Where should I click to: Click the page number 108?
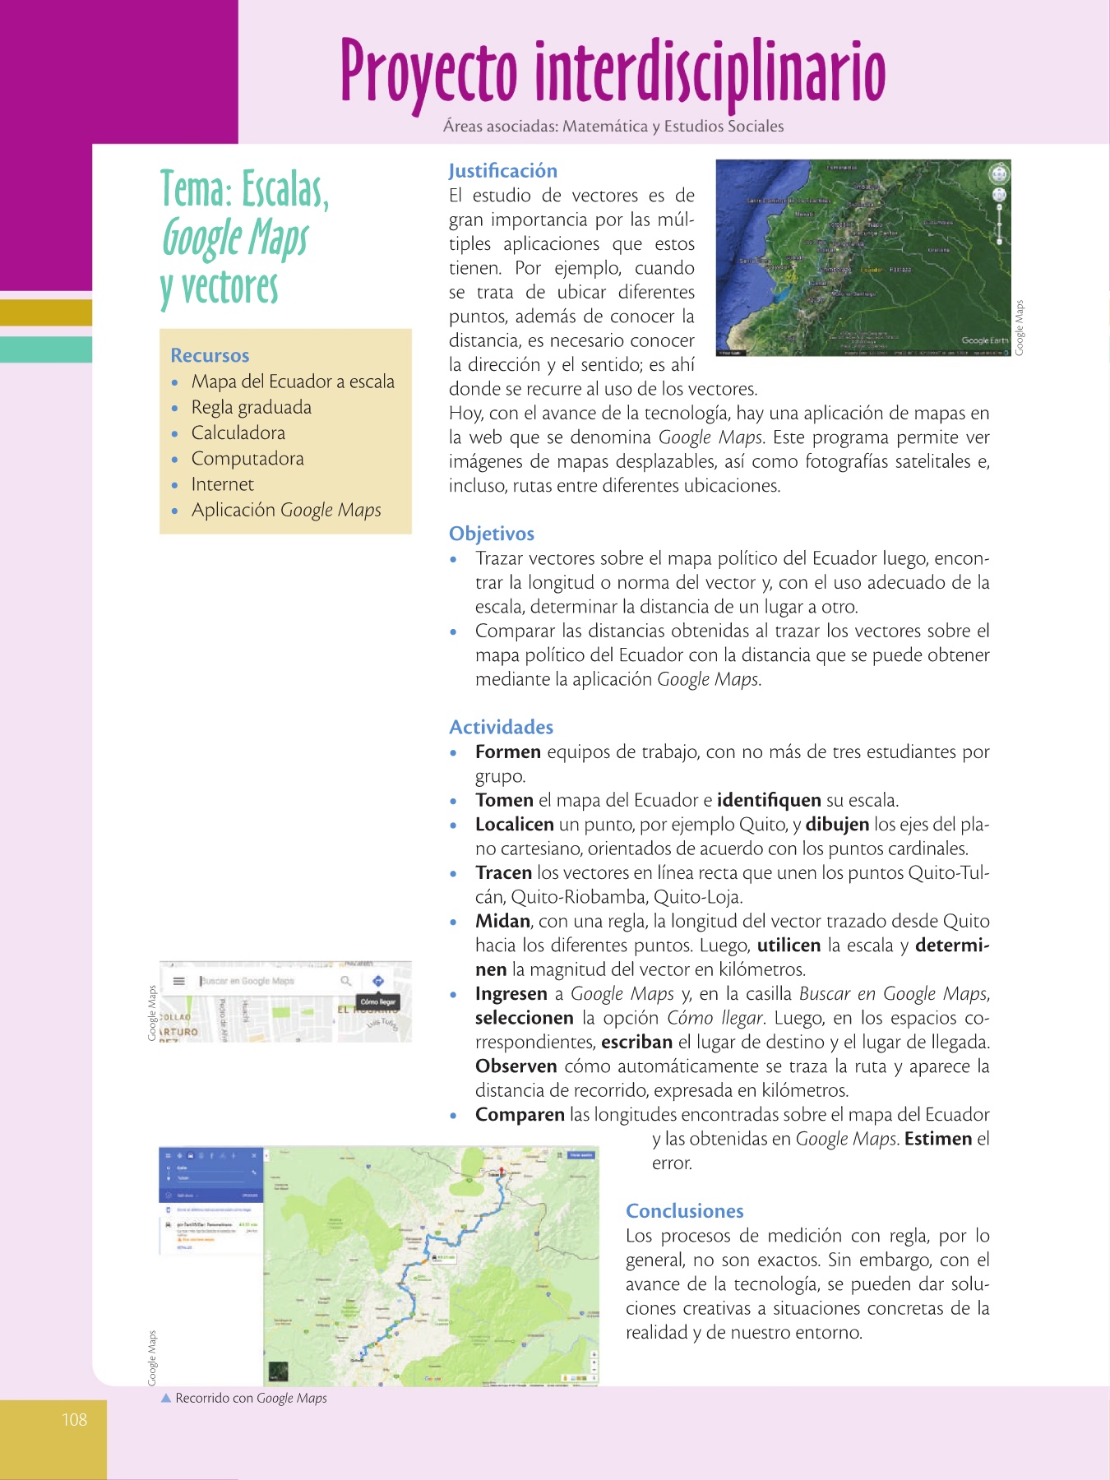tap(74, 1419)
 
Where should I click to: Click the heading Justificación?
tap(502, 171)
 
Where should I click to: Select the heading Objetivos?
tap(491, 534)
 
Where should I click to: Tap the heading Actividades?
tap(501, 727)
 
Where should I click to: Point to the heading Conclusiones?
tap(684, 1211)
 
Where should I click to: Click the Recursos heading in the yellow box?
tap(210, 355)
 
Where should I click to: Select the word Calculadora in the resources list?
tap(238, 432)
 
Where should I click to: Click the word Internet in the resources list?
tap(222, 484)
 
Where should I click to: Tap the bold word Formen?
tap(507, 752)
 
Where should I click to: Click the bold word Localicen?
tap(514, 825)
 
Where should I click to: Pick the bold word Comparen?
tap(520, 1115)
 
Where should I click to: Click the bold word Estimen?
tap(938, 1139)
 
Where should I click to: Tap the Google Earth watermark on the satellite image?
tap(984, 340)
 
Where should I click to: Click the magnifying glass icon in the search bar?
tap(346, 981)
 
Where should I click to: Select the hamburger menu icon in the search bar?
tap(178, 981)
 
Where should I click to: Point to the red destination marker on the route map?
tap(502, 1171)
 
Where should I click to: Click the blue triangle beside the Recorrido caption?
tap(166, 1398)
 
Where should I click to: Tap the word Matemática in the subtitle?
tap(605, 127)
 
